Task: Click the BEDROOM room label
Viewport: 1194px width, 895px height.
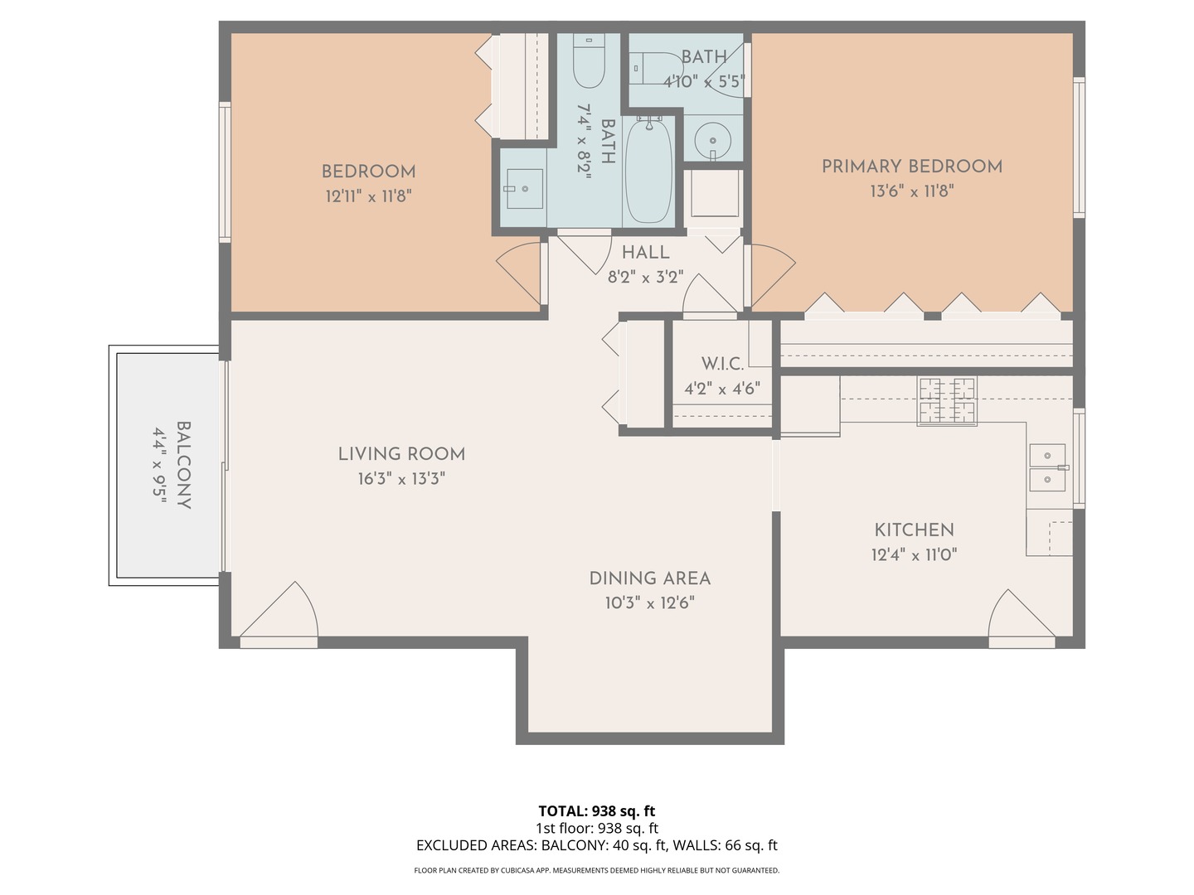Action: (368, 172)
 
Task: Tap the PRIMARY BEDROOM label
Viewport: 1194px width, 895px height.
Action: (911, 166)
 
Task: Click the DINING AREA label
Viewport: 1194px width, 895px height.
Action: (649, 578)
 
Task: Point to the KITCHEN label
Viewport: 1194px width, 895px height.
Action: (914, 530)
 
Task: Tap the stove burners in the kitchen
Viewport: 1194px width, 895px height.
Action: (946, 401)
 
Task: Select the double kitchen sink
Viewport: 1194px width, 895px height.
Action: (1047, 468)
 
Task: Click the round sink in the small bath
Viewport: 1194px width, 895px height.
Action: (712, 140)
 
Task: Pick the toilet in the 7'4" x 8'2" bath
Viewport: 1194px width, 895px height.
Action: (590, 63)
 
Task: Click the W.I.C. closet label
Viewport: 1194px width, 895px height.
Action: (722, 364)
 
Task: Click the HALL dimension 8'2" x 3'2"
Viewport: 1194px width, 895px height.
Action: (645, 278)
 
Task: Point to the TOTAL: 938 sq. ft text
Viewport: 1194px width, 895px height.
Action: (596, 810)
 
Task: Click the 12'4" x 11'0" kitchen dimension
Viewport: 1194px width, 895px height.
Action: (914, 554)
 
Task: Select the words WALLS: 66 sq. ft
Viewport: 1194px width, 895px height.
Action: (725, 845)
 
